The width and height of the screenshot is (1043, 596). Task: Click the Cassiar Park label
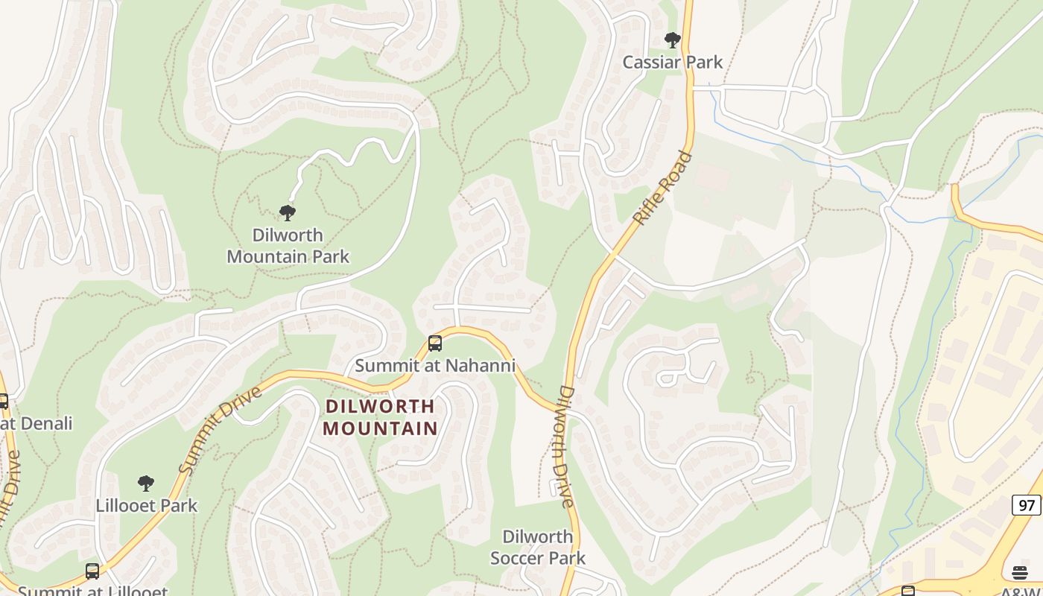(x=673, y=62)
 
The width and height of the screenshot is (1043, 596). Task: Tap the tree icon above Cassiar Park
(x=673, y=40)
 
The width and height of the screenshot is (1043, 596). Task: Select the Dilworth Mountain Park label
(x=288, y=246)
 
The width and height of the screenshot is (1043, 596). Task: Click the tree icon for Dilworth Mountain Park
(x=288, y=213)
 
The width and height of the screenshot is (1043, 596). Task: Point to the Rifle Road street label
(x=662, y=188)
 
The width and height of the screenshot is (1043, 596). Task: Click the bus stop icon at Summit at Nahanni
(x=435, y=343)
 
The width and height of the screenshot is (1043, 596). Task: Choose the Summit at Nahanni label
(x=435, y=366)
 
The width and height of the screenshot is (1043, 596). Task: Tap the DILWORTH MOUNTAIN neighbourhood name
(x=381, y=417)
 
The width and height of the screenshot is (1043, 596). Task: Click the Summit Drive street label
(x=221, y=430)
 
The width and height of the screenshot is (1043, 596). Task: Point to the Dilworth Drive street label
(x=566, y=447)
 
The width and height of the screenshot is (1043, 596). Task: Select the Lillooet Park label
(x=147, y=505)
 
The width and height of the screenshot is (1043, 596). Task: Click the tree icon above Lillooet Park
(x=146, y=484)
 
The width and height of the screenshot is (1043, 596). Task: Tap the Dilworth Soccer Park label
(x=538, y=547)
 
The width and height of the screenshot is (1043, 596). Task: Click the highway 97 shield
(x=1027, y=505)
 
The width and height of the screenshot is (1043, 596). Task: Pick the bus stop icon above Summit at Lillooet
(x=92, y=571)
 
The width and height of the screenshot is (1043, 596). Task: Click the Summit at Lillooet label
(x=92, y=591)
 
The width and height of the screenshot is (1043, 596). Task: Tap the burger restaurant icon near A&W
(x=1020, y=572)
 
